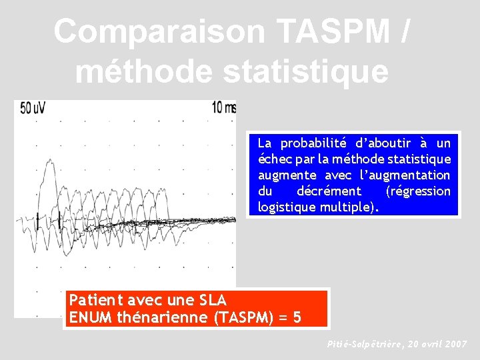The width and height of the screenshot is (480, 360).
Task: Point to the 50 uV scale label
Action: (33, 108)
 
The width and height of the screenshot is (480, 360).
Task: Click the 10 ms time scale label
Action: (223, 107)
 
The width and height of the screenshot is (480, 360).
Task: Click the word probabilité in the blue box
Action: (316, 143)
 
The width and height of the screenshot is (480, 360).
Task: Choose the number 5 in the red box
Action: (297, 317)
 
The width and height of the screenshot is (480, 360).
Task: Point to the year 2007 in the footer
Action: (455, 345)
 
